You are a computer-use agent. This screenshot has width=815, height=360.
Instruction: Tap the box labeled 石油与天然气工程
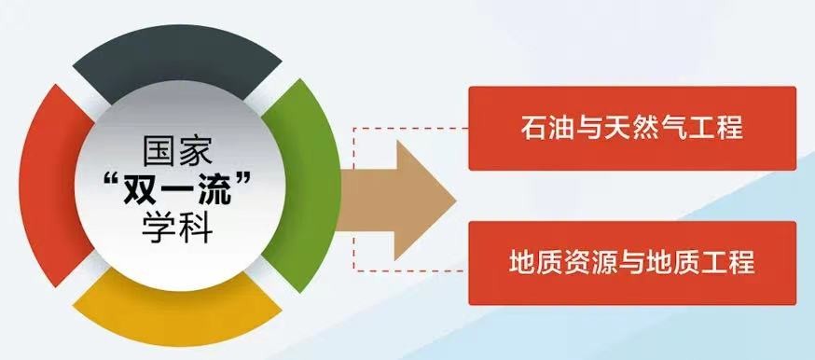[x=632, y=129]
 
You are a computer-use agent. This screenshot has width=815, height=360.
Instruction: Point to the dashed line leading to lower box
[x=410, y=270]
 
